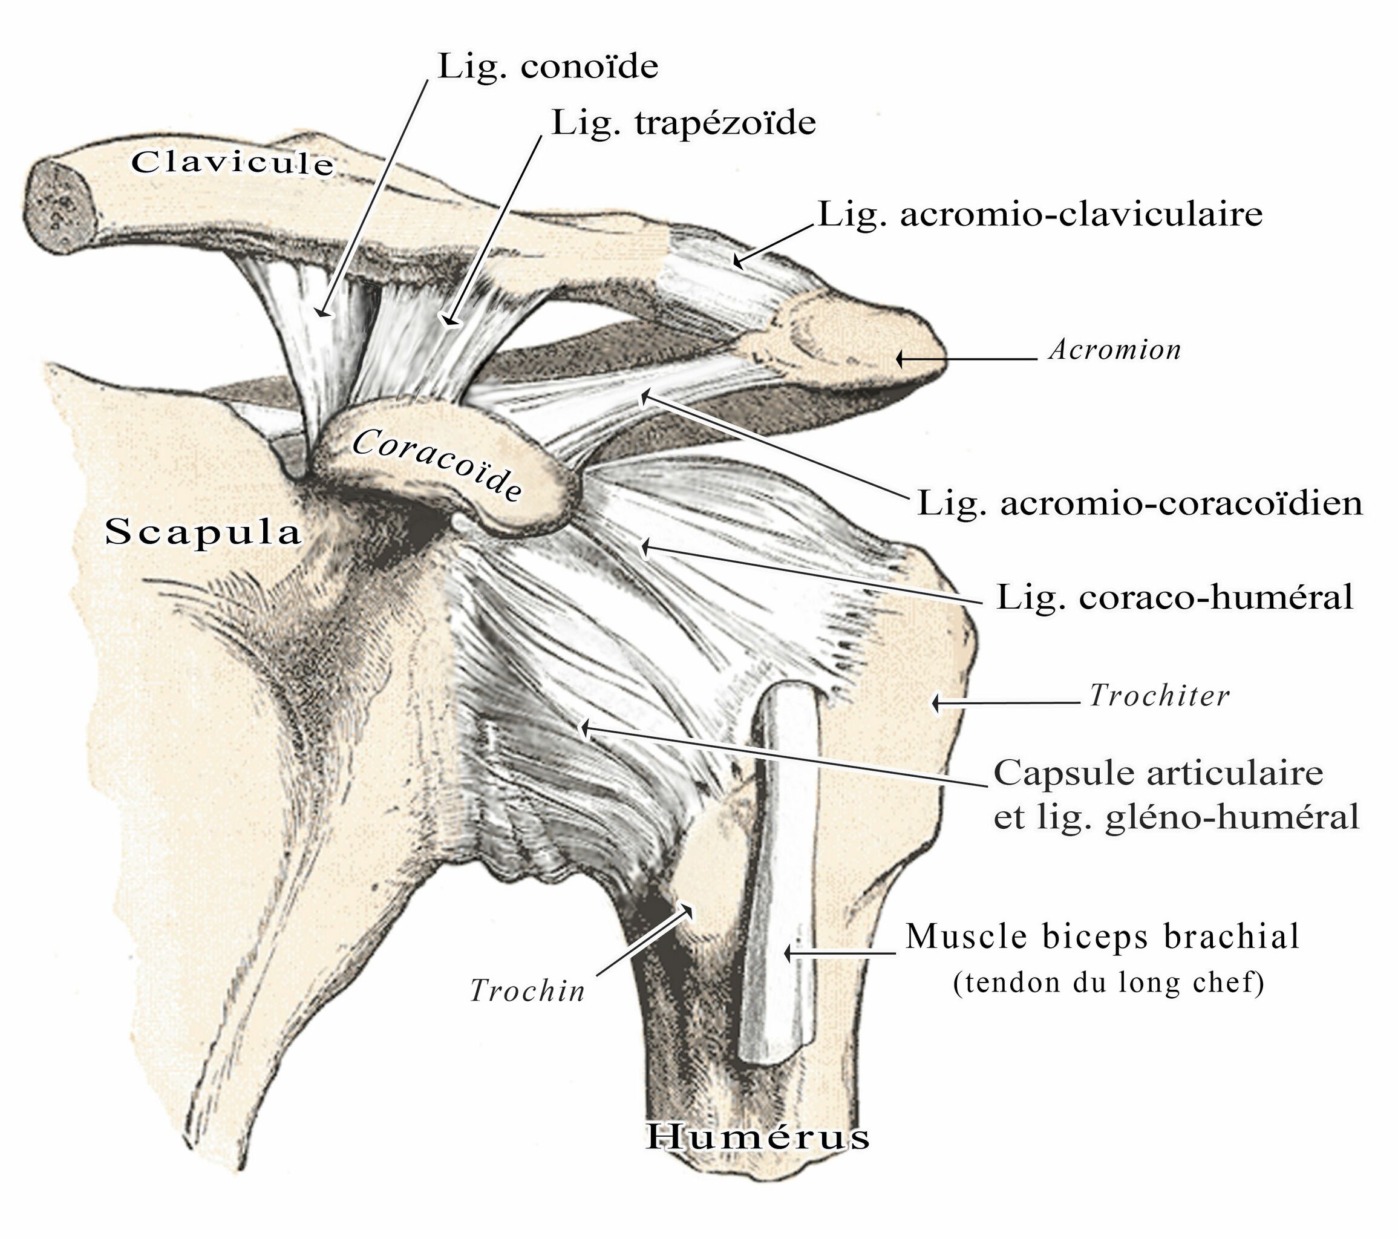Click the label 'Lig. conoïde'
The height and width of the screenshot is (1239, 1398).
pyautogui.click(x=548, y=67)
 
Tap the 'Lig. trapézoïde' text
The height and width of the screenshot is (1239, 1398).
pyautogui.click(x=683, y=124)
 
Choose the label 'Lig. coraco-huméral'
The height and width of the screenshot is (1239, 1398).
pyautogui.click(x=1174, y=597)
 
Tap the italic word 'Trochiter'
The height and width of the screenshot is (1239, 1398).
pyautogui.click(x=1159, y=696)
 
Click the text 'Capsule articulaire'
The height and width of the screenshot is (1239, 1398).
pyautogui.click(x=1158, y=774)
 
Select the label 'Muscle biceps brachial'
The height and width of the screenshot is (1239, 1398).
pyautogui.click(x=1102, y=937)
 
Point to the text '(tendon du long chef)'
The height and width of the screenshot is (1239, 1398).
pyautogui.click(x=1108, y=983)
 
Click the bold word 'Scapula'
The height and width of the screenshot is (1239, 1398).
pyautogui.click(x=203, y=532)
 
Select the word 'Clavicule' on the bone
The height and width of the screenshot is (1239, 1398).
pyautogui.click(x=232, y=163)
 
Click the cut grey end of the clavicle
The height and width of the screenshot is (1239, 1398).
pyautogui.click(x=60, y=203)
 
